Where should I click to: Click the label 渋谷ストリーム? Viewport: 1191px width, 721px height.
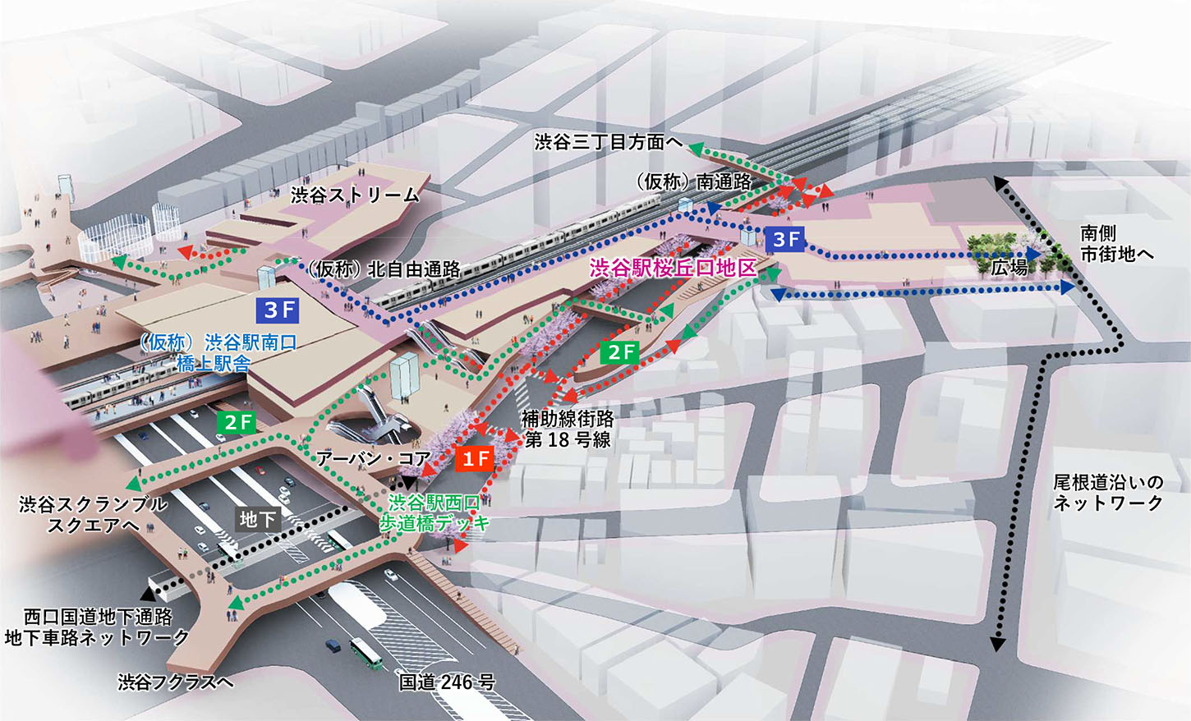[x=355, y=195]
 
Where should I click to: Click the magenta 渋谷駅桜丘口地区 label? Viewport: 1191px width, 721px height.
[x=673, y=268]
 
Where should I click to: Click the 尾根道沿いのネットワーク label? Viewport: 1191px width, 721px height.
[x=1108, y=493]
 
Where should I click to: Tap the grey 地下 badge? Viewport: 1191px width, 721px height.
[x=257, y=519]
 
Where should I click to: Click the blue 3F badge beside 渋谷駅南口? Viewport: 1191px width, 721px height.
[x=278, y=310]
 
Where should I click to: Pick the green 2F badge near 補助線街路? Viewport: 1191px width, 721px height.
[x=619, y=351]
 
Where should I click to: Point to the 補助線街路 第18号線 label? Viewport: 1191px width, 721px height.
[x=568, y=429]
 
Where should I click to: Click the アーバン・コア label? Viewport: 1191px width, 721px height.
[x=373, y=458]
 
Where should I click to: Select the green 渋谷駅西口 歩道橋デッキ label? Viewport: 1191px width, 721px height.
[x=435, y=512]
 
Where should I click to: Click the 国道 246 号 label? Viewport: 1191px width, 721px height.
[x=447, y=682]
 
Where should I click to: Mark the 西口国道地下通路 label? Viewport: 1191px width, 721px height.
[x=98, y=617]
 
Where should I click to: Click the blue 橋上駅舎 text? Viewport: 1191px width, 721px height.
[x=214, y=364]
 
